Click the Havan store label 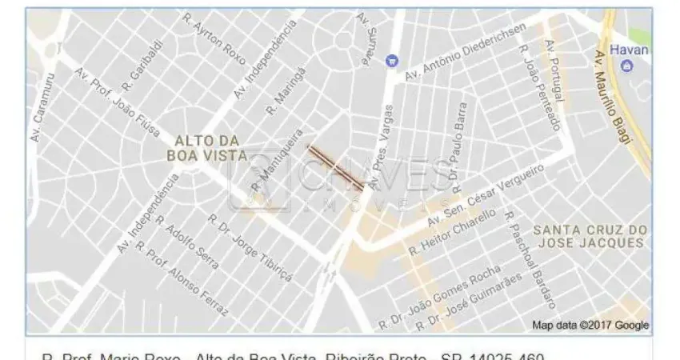click(x=629, y=50)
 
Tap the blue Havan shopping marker click(x=626, y=66)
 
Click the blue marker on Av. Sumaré click(x=391, y=60)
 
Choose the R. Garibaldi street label click(x=138, y=65)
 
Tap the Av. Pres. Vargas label click(x=383, y=146)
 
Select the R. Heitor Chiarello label click(x=453, y=233)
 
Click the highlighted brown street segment click(x=337, y=167)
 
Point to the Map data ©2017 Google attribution click(x=590, y=326)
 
